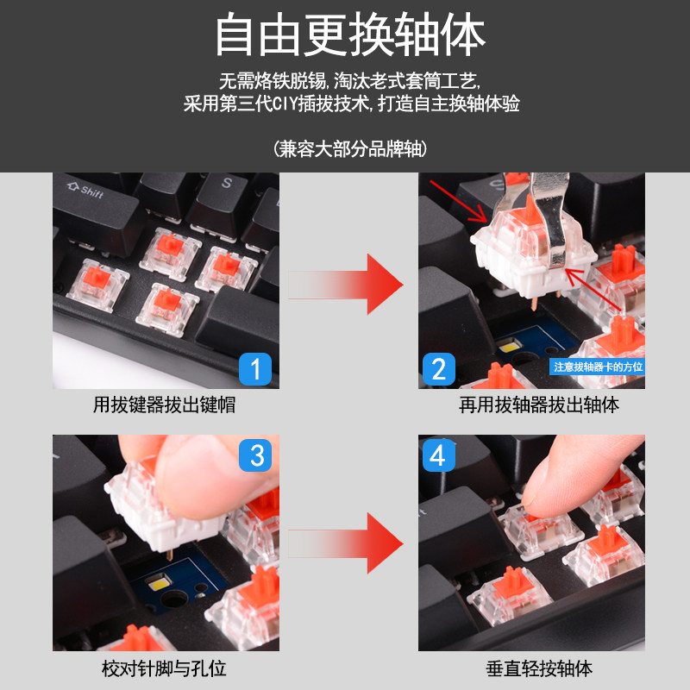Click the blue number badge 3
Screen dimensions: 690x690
coord(255,455)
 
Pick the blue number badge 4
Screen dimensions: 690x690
coord(438,455)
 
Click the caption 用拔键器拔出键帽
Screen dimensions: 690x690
coord(164,405)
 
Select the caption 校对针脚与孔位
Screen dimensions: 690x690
coord(164,668)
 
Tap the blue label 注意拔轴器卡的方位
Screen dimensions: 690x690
coord(597,367)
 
